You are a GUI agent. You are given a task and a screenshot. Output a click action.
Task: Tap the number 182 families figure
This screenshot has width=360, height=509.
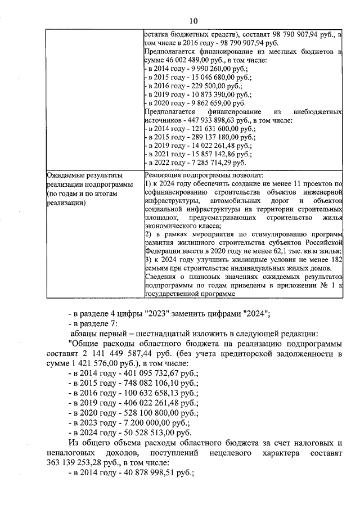point(335,259)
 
